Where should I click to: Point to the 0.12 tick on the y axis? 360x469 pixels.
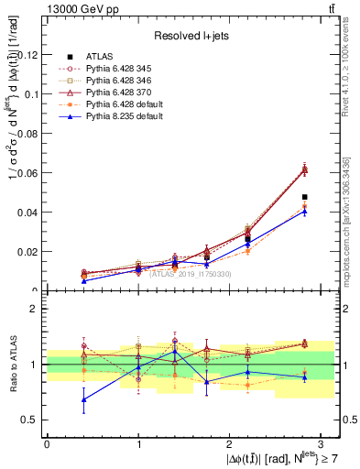(x=29, y=55)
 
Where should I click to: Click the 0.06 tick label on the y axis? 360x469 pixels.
(x=29, y=173)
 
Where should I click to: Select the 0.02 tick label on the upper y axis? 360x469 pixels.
(x=29, y=251)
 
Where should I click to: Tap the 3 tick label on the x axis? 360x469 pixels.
(x=323, y=443)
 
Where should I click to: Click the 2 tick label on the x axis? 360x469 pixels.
(x=231, y=443)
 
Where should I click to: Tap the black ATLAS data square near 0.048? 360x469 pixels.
(x=304, y=197)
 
